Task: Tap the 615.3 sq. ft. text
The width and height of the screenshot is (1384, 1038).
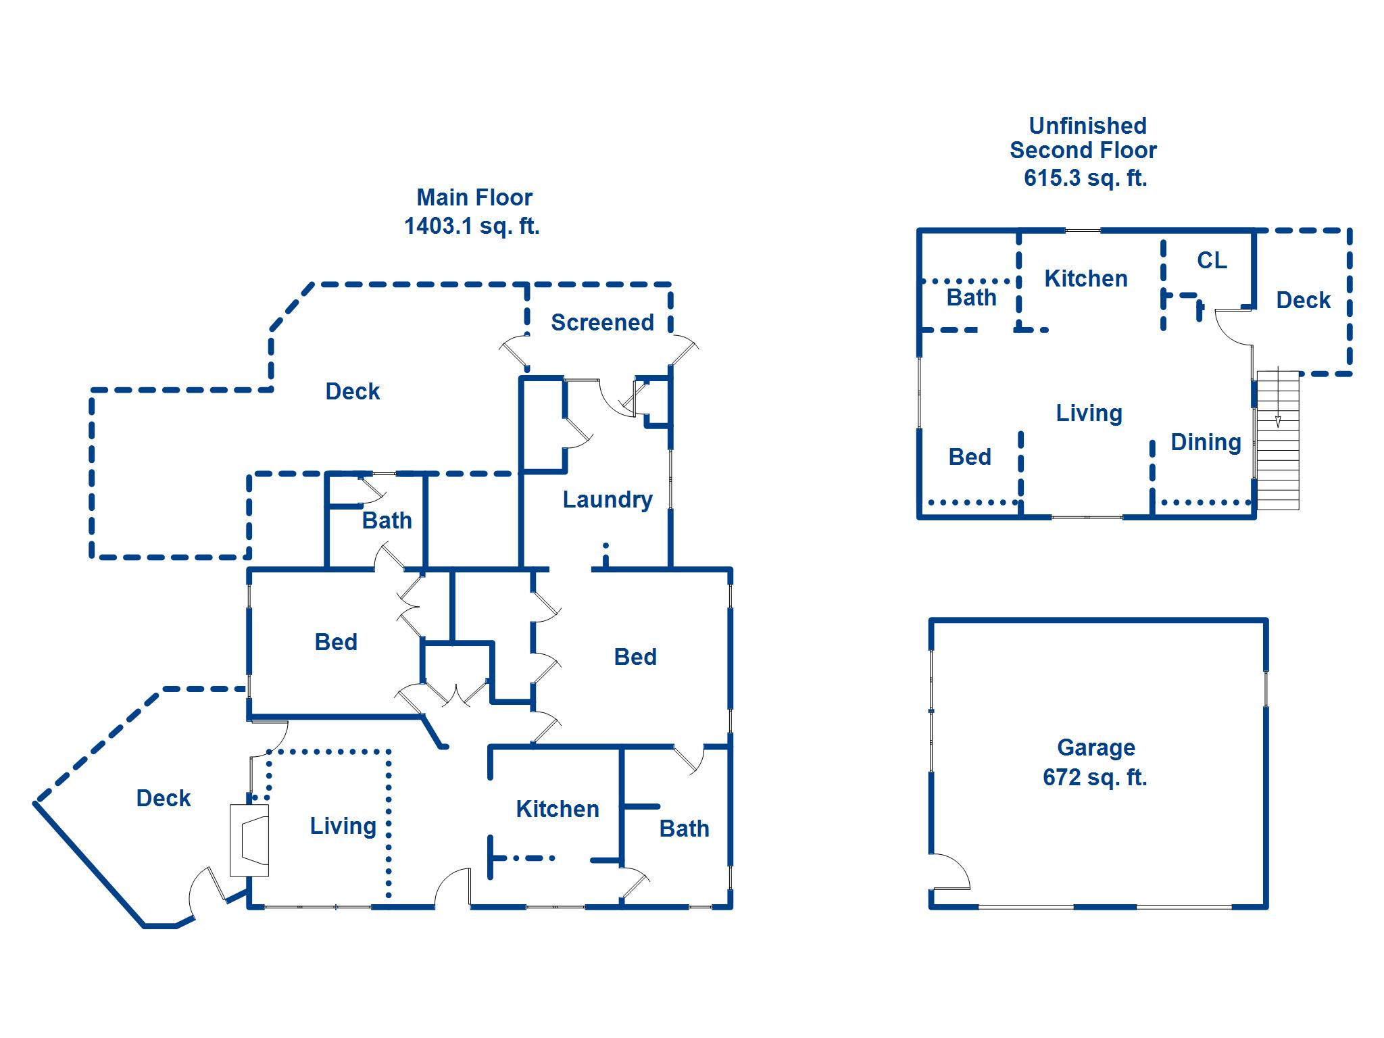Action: tap(1085, 178)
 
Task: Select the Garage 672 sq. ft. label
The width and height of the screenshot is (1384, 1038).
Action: tap(1095, 762)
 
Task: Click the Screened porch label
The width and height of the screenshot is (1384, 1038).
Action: tap(602, 322)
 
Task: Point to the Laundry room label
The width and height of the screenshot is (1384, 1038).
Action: tap(608, 499)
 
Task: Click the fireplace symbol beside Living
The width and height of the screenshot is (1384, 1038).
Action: tap(249, 840)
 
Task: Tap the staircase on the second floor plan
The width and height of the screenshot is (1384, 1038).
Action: tap(1277, 439)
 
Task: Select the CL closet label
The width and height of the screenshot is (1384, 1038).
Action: tap(1212, 260)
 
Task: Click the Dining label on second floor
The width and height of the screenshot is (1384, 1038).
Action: tap(1206, 443)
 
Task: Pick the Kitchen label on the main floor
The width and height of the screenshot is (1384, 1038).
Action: tap(558, 809)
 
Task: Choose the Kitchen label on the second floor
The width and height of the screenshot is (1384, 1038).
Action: tap(1086, 278)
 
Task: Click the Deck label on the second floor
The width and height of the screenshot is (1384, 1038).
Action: tap(1303, 300)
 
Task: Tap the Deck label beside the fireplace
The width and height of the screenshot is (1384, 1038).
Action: tap(164, 798)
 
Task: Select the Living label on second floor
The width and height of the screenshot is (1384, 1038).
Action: tap(1089, 413)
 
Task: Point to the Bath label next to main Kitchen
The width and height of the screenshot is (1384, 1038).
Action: tap(684, 829)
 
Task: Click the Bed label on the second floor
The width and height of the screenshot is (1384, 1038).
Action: tap(970, 457)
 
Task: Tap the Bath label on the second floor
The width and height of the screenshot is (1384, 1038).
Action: tap(971, 297)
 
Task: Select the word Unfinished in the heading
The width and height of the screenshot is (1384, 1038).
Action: tap(1087, 126)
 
